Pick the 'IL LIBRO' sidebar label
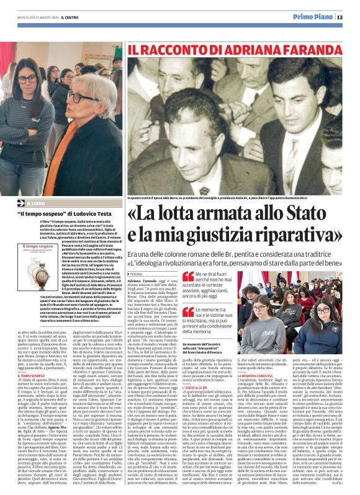[x=35, y=203]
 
